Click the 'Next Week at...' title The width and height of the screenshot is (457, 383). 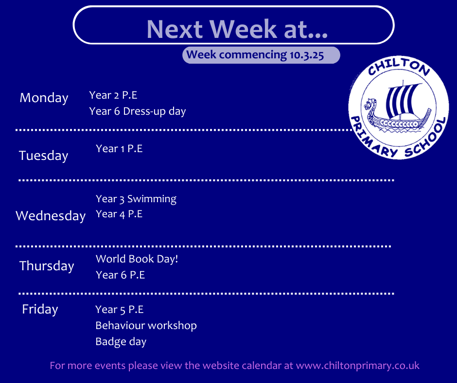237,29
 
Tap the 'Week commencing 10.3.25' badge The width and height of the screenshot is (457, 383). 261,55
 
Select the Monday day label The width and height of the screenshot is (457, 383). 44,98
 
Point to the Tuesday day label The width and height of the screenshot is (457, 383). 43,156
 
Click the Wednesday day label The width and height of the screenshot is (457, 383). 51,216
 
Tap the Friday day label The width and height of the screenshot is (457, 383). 40,309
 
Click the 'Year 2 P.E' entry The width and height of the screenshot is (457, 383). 113,95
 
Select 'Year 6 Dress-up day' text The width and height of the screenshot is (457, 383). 138,111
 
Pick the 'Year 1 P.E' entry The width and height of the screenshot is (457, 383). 119,149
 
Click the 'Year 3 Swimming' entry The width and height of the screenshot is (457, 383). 136,199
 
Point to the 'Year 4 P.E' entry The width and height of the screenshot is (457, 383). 119,214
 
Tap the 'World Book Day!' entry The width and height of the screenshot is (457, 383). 137,259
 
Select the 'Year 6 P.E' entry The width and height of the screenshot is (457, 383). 121,275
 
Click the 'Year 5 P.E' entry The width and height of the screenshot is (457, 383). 120,310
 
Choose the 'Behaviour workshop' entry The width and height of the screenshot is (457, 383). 146,325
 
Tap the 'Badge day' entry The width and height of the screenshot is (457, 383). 121,342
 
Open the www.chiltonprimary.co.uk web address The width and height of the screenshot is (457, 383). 358,366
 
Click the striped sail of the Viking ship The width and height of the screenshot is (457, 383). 402,100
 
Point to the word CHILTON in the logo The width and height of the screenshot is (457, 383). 399,67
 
